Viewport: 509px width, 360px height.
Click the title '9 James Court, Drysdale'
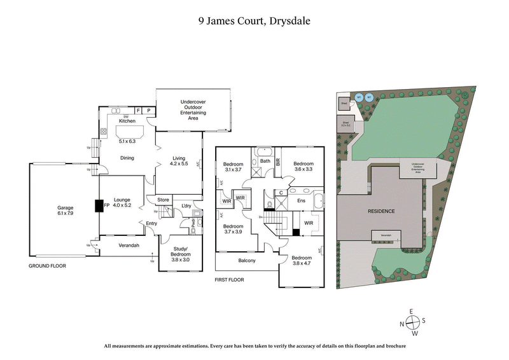pyautogui.click(x=254, y=20)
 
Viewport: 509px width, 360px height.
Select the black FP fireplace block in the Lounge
pyautogui.click(x=99, y=206)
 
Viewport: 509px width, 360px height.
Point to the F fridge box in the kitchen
pyautogui.click(x=138, y=111)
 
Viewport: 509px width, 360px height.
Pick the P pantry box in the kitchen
pyautogui.click(x=149, y=111)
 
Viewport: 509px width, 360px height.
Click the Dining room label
pyautogui.click(x=127, y=158)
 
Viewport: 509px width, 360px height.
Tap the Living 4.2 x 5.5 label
pyautogui.click(x=178, y=162)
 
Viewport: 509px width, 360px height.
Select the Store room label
pyautogui.click(x=164, y=200)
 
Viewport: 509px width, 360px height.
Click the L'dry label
pyautogui.click(x=186, y=205)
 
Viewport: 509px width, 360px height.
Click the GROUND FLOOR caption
pyautogui.click(x=48, y=266)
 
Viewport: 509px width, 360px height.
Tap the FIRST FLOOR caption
pyautogui.click(x=230, y=279)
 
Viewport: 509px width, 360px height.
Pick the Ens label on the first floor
pyautogui.click(x=302, y=200)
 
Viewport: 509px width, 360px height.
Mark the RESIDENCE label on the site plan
pyautogui.click(x=380, y=211)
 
